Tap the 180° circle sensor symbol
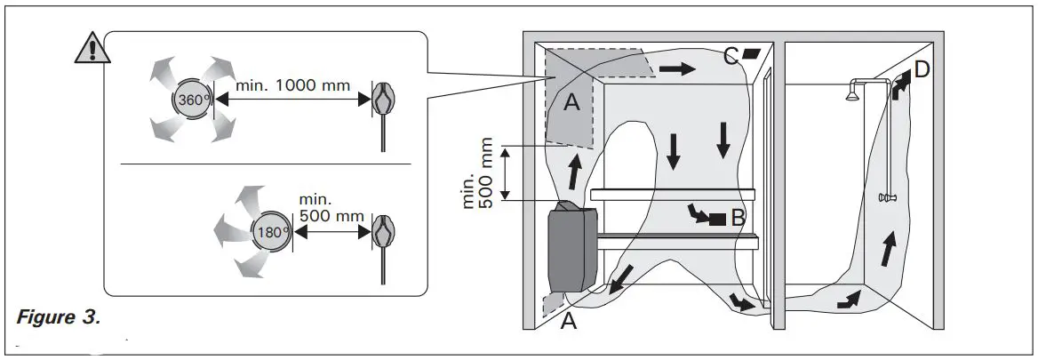(x=271, y=231)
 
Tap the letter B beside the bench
(x=739, y=216)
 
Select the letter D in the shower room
(x=922, y=70)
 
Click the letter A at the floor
(x=569, y=322)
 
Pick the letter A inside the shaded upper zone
(x=572, y=104)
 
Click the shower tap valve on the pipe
(x=885, y=197)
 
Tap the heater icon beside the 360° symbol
(x=384, y=101)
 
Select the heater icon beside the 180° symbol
(x=384, y=231)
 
